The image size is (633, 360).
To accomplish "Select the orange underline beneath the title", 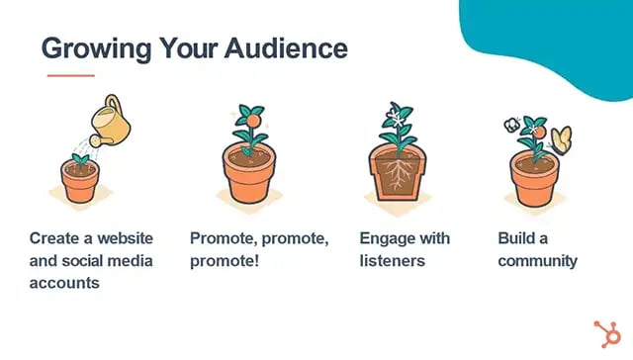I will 70,74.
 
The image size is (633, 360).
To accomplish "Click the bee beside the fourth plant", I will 512,125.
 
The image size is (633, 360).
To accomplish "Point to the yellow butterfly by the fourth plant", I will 562,138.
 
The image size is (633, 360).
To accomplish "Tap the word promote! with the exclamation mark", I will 224,261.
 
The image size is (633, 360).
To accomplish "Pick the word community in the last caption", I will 537,261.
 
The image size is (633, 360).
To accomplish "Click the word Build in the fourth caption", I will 517,238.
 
